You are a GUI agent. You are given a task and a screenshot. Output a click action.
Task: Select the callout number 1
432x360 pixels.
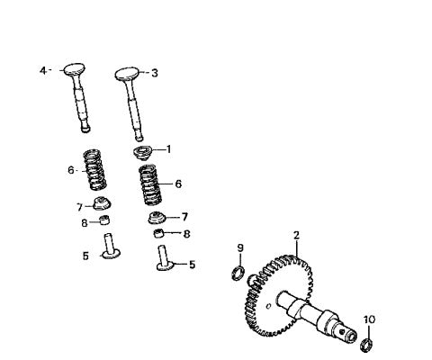pos(166,148)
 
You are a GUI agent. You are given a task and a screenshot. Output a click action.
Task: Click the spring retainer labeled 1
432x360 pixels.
pos(143,154)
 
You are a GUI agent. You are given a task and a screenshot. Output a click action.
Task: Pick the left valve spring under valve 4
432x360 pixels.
pos(94,170)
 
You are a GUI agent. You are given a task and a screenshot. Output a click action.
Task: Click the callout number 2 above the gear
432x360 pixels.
pos(295,235)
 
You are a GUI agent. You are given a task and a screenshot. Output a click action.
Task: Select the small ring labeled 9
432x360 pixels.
pos(239,273)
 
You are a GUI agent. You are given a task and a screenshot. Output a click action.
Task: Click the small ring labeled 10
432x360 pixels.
pos(367,345)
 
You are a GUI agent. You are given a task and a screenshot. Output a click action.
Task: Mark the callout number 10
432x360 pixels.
pos(368,319)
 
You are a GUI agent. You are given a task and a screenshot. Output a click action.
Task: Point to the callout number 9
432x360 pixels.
pos(239,247)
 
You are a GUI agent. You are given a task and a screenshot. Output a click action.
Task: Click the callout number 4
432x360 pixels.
pos(42,69)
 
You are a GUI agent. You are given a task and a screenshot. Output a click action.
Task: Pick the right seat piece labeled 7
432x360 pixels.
pos(159,218)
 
